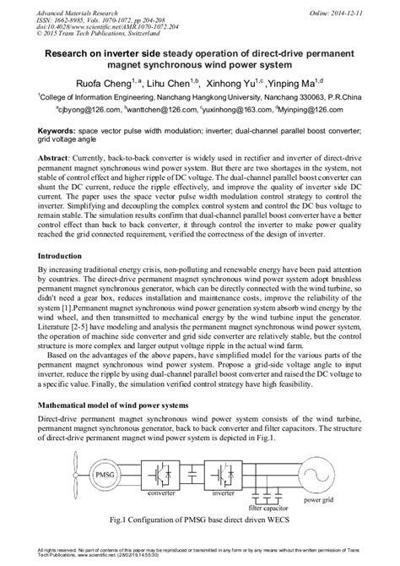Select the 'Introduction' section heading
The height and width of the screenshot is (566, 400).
62,254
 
